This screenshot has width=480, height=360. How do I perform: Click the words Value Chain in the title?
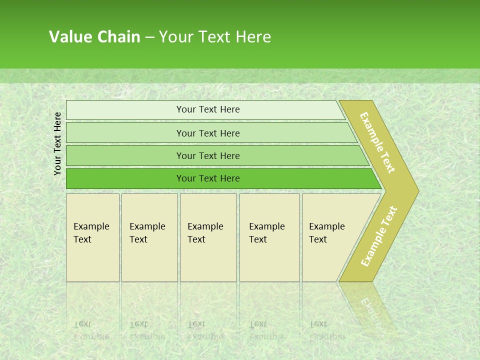pyautogui.click(x=94, y=37)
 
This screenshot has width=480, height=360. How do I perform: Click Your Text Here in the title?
pyautogui.click(x=215, y=37)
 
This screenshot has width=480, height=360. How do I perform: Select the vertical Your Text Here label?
pyautogui.click(x=57, y=143)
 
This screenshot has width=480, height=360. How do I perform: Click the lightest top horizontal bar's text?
pyautogui.click(x=208, y=109)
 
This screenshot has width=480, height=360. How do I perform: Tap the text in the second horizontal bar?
pyautogui.click(x=208, y=133)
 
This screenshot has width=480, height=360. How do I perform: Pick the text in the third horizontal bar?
pyautogui.click(x=208, y=156)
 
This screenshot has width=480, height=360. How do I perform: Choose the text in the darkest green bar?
pyautogui.click(x=208, y=178)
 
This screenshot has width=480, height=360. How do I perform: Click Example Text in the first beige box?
pyautogui.click(x=91, y=233)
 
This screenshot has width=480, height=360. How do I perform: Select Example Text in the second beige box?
pyautogui.click(x=147, y=233)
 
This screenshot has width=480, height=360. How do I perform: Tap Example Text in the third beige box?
pyautogui.click(x=205, y=233)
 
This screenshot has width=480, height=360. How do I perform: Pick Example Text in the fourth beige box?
pyautogui.click(x=266, y=233)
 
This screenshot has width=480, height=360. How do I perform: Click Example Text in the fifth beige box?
pyautogui.click(x=326, y=233)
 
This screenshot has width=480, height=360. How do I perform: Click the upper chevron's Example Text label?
pyautogui.click(x=377, y=142)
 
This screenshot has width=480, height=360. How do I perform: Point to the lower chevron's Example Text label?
pyautogui.click(x=378, y=236)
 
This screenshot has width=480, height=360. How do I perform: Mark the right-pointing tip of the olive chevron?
pyautogui.click(x=417, y=191)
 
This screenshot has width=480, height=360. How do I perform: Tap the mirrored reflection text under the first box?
pyautogui.click(x=91, y=330)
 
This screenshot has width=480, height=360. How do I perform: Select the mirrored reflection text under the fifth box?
pyautogui.click(x=326, y=330)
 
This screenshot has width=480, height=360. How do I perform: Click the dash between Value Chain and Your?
pyautogui.click(x=149, y=37)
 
